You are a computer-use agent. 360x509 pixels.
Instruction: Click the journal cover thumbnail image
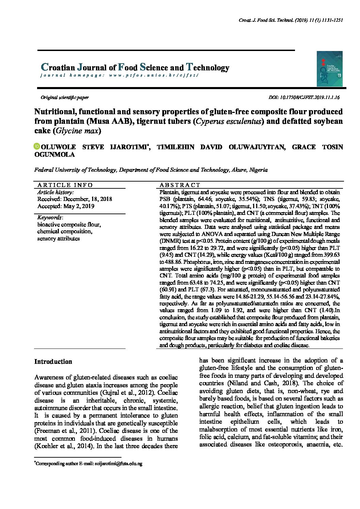[329, 69]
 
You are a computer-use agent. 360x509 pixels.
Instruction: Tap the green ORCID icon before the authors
[37, 147]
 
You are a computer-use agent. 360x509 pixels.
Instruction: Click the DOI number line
[304, 97]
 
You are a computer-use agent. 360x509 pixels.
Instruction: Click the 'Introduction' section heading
[53, 361]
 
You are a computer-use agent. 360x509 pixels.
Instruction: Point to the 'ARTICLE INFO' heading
[65, 185]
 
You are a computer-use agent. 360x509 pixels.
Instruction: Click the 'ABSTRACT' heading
[180, 185]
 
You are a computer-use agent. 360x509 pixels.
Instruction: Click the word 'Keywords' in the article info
[49, 218]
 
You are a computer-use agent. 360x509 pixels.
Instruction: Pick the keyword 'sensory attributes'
[59, 238]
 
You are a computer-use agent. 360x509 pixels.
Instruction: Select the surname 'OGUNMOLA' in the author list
[54, 154]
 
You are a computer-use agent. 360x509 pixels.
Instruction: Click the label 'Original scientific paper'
[65, 97]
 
